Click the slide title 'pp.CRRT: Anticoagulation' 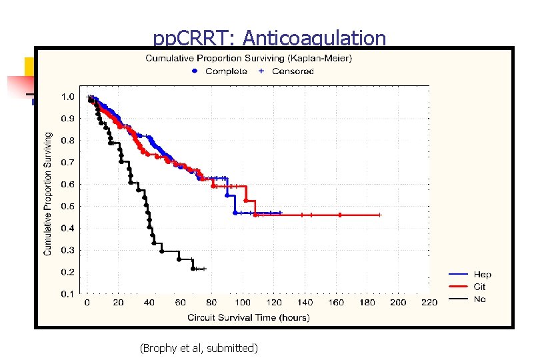click(269, 38)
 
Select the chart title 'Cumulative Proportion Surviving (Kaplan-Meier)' click(249, 58)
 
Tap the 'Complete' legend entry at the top click(226, 71)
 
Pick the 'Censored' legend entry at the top click(293, 71)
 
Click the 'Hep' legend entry click(482, 275)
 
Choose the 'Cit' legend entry click(479, 287)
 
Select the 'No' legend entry click(479, 299)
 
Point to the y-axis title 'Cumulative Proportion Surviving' click(47, 193)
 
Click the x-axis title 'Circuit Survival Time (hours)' click(248, 317)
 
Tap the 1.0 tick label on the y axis click(67, 97)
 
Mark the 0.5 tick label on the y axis click(67, 206)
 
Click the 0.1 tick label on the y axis click(67, 294)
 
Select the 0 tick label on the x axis click(87, 303)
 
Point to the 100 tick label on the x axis click(242, 303)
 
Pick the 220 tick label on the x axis click(429, 303)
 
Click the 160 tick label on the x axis click(335, 303)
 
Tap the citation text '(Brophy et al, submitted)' click(198, 347)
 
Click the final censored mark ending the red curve click(379, 215)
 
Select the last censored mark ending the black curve click(204, 269)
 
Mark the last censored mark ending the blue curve click(281, 213)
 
